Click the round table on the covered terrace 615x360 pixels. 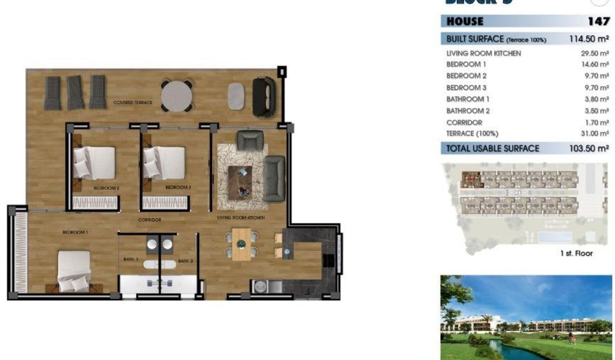[176, 96]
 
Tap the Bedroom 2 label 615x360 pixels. [106, 188]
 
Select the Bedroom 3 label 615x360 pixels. [178, 188]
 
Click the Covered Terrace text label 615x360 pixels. [133, 103]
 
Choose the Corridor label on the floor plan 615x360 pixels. [149, 220]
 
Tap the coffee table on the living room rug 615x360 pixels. [240, 182]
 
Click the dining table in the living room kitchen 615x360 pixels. [241, 244]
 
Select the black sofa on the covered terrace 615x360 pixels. [263, 97]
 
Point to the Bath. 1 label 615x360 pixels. [131, 260]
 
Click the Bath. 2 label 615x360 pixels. [185, 261]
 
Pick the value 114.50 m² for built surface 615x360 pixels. [589, 39]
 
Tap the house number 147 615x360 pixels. [599, 21]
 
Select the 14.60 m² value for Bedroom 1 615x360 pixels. [594, 64]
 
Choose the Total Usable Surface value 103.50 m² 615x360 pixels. [589, 148]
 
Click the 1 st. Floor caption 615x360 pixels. [576, 253]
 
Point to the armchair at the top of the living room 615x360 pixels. [250, 140]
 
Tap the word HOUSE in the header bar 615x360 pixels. [465, 21]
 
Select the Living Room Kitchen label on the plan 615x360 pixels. [241, 218]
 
